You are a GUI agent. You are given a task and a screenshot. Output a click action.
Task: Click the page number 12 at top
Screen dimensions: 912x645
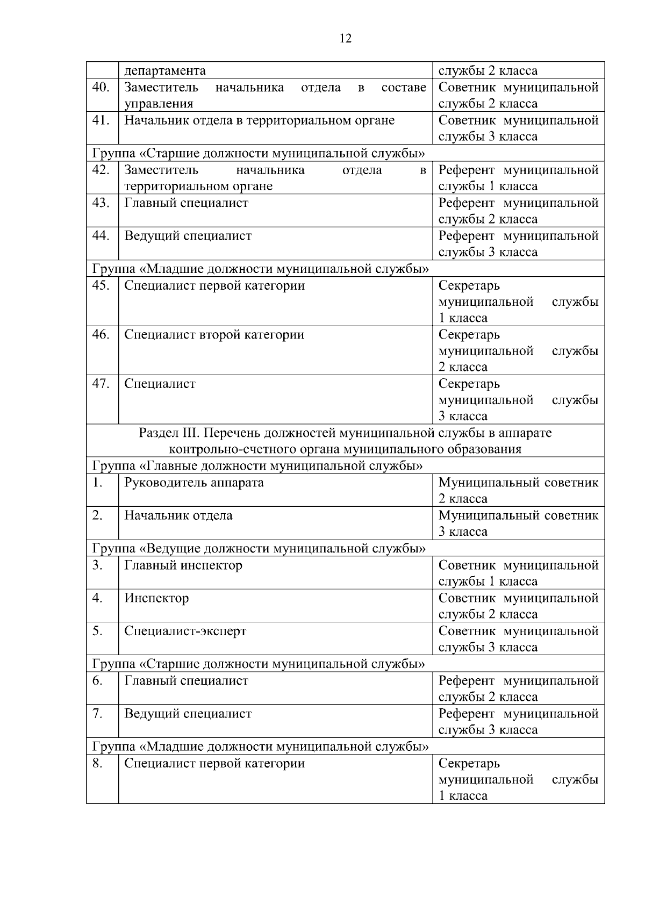pyautogui.click(x=346, y=39)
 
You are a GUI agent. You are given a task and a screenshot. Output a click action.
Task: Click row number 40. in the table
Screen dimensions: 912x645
pyautogui.click(x=101, y=88)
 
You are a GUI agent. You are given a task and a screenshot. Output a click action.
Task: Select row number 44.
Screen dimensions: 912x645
pyautogui.click(x=101, y=236)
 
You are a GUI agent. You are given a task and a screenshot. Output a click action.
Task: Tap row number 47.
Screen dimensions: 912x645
pyautogui.click(x=101, y=384)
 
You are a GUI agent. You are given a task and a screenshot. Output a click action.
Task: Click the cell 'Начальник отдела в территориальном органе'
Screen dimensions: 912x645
pyautogui.click(x=260, y=120)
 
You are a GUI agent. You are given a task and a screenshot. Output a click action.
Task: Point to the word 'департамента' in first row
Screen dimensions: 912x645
pyautogui.click(x=165, y=71)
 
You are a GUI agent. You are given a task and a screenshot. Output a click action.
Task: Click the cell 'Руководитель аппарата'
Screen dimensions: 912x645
pyautogui.click(x=194, y=483)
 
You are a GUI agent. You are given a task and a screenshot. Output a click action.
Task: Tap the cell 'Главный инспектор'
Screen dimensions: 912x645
pyautogui.click(x=183, y=565)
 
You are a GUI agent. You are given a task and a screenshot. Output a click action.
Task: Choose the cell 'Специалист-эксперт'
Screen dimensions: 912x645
pyautogui.click(x=185, y=631)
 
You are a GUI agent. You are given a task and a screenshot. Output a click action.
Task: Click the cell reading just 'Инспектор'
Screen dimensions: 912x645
pyautogui.click(x=156, y=598)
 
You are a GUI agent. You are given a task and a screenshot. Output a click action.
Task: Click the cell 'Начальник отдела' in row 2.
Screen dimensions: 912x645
pyautogui.click(x=178, y=516)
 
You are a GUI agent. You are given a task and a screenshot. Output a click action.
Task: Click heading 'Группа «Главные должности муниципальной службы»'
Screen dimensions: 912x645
pyautogui.click(x=257, y=466)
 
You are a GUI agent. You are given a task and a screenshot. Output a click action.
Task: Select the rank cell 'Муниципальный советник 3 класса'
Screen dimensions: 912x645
pyautogui.click(x=518, y=523)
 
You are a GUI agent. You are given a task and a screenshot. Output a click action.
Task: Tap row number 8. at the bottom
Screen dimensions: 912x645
pyautogui.click(x=97, y=764)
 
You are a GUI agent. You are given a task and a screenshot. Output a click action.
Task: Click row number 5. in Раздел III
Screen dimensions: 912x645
pyautogui.click(x=97, y=631)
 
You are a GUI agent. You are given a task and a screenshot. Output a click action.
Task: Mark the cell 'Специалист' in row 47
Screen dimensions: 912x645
pyautogui.click(x=160, y=384)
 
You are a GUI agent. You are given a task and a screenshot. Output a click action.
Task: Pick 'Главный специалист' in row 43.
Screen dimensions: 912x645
pyautogui.click(x=187, y=203)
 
